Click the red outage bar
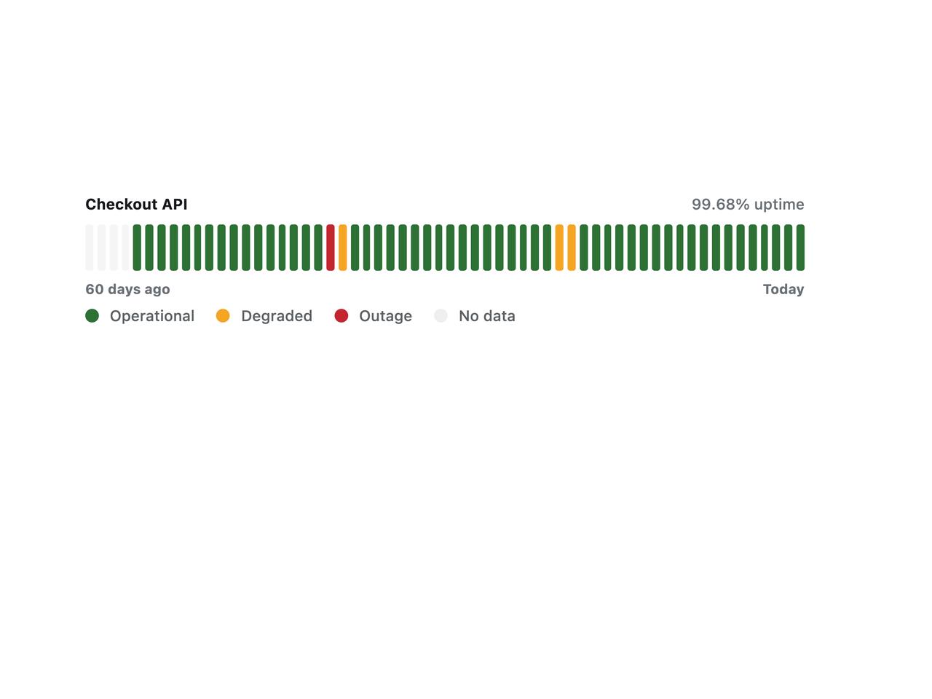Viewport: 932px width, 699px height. tap(331, 248)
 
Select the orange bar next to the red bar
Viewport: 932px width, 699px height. tap(343, 248)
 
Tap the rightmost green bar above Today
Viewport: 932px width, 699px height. tap(800, 248)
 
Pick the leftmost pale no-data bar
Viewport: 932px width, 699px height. tap(90, 248)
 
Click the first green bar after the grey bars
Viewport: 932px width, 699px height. tap(137, 248)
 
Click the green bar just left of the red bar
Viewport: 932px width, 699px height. tap(318, 248)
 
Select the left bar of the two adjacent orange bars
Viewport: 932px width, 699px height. tap(559, 248)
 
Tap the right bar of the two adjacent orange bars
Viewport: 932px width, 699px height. tap(572, 248)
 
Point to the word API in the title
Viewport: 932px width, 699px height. tap(175, 204)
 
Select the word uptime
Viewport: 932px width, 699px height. tap(778, 205)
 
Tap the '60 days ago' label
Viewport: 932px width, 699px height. tap(128, 290)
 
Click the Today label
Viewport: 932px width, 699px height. tap(783, 290)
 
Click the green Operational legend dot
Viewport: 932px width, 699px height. tap(92, 316)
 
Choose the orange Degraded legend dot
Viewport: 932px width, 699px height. tap(223, 316)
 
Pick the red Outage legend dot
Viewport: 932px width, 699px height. tap(341, 316)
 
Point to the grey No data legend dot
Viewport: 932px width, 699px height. tap(441, 316)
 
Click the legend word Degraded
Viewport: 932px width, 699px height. tap(277, 316)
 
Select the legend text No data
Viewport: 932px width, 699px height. tap(487, 316)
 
